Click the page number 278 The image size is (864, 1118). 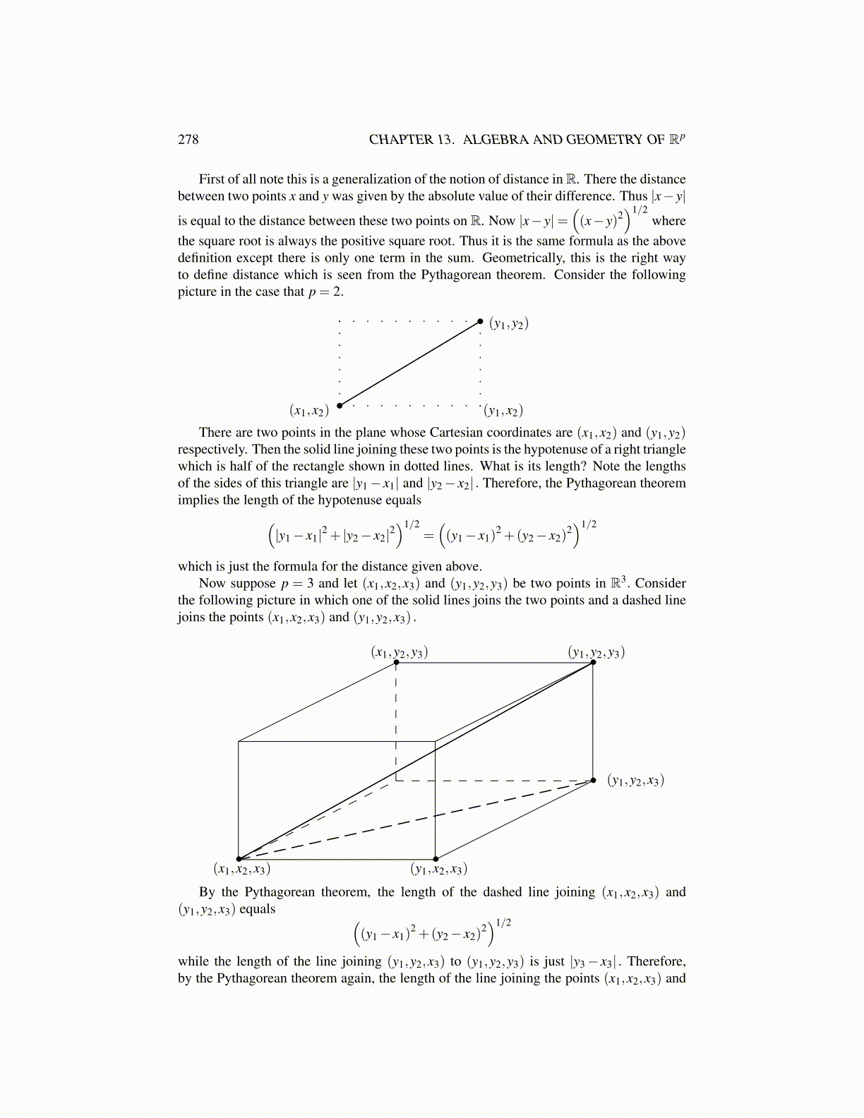pyautogui.click(x=188, y=139)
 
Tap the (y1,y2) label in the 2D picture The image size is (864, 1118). pyautogui.click(x=509, y=324)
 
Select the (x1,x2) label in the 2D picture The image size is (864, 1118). pyautogui.click(x=309, y=411)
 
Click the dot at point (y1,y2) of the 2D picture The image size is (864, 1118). pyautogui.click(x=481, y=321)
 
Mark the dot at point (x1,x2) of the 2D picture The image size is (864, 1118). pyautogui.click(x=340, y=405)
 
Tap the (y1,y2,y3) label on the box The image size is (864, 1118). pyautogui.click(x=596, y=652)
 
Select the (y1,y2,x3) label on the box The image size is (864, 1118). pyautogui.click(x=636, y=781)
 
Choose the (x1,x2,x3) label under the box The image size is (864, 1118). pyautogui.click(x=242, y=869)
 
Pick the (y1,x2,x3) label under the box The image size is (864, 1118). pyautogui.click(x=439, y=869)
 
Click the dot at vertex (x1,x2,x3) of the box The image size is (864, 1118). pyautogui.click(x=239, y=859)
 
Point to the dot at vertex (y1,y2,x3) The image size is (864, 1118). pyautogui.click(x=593, y=781)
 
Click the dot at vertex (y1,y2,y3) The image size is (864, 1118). pyautogui.click(x=593, y=662)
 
